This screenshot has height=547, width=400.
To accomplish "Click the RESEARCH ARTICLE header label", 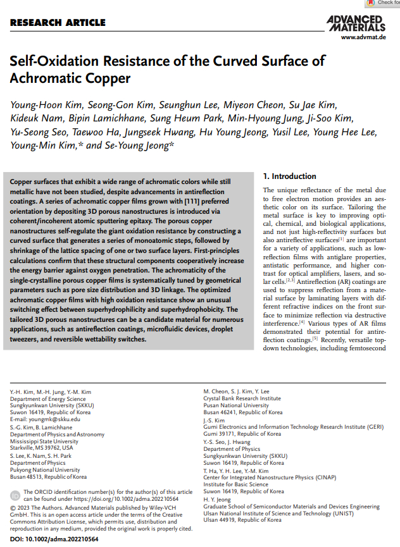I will [x=58, y=23].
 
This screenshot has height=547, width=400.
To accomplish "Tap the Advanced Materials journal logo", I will [x=356, y=23].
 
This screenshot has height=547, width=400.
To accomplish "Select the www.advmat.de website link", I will [x=363, y=38].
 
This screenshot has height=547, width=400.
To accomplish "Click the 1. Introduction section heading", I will [x=289, y=176].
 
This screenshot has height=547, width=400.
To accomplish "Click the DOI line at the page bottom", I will [x=54, y=539].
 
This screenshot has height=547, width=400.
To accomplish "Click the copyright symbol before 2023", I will [x=13, y=507].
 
